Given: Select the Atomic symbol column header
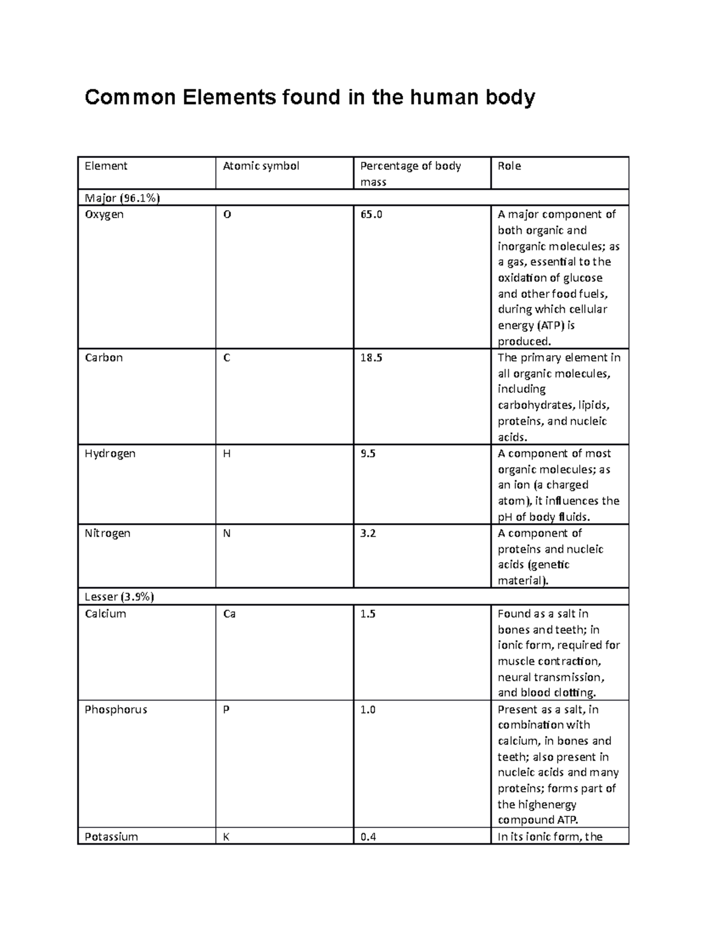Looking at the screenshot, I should click(261, 166).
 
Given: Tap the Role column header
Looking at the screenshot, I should click(509, 166).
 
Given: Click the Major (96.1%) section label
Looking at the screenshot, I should click(123, 198).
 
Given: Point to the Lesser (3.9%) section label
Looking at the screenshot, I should click(119, 597).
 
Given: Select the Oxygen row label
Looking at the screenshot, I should click(104, 214).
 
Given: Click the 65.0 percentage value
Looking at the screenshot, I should click(371, 214).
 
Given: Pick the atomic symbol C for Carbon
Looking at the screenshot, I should click(227, 357).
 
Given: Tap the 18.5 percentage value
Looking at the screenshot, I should click(371, 357).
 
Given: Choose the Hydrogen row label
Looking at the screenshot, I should click(110, 454).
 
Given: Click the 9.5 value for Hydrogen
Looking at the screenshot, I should click(368, 454).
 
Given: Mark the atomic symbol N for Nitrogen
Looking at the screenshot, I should click(227, 533).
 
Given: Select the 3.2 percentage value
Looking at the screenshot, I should click(368, 533).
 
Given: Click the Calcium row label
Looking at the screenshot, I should click(105, 613).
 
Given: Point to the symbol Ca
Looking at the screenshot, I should click(229, 613).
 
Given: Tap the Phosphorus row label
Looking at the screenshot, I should click(116, 710).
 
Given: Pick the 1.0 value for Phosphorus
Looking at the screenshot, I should click(368, 710).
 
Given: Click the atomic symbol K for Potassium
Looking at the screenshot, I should click(226, 836).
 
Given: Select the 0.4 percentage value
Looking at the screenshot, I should click(368, 836).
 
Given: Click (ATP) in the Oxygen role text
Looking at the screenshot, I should click(550, 326).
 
